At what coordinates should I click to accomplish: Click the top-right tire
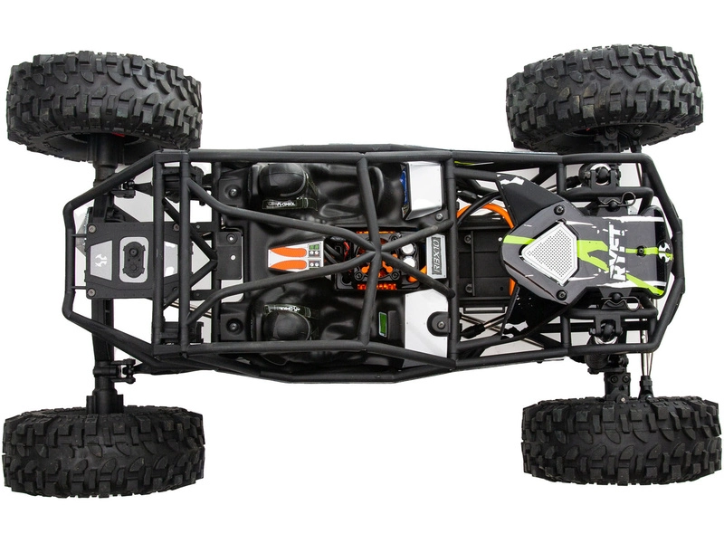pyautogui.click(x=604, y=95)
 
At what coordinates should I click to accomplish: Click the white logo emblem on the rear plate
pyautogui.click(x=101, y=257)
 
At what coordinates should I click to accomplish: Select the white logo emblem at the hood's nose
pyautogui.click(x=670, y=256)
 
